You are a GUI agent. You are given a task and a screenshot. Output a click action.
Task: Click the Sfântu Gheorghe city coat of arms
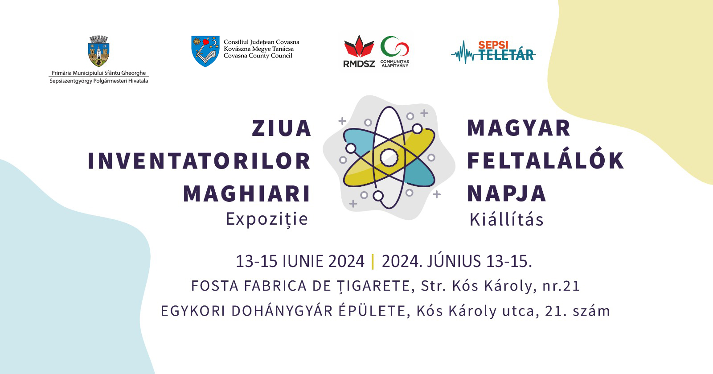[98, 51]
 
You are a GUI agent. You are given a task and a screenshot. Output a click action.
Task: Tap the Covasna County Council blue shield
[205, 51]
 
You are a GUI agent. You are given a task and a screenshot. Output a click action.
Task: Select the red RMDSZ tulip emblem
[359, 46]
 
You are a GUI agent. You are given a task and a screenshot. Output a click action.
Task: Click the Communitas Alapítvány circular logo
[395, 47]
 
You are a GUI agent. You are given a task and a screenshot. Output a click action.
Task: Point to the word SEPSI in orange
[493, 45]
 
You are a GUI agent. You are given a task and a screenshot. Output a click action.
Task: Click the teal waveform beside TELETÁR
[463, 53]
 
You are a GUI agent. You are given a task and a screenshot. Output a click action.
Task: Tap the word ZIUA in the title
[281, 128]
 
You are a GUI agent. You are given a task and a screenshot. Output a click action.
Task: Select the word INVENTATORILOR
[199, 161]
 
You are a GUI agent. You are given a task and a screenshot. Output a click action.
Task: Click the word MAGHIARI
[247, 194]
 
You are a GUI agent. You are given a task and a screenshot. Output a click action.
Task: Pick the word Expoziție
[267, 219]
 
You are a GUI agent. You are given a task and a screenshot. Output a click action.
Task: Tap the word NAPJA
[506, 194]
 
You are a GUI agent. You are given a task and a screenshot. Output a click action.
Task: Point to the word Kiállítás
[506, 219]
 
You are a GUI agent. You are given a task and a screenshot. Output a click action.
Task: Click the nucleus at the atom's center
[389, 157]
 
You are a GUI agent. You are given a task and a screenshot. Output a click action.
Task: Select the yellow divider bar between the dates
[373, 261]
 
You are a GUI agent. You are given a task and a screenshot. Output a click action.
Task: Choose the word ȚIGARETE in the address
[373, 286]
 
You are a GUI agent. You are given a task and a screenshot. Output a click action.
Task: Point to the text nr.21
[561, 286]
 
